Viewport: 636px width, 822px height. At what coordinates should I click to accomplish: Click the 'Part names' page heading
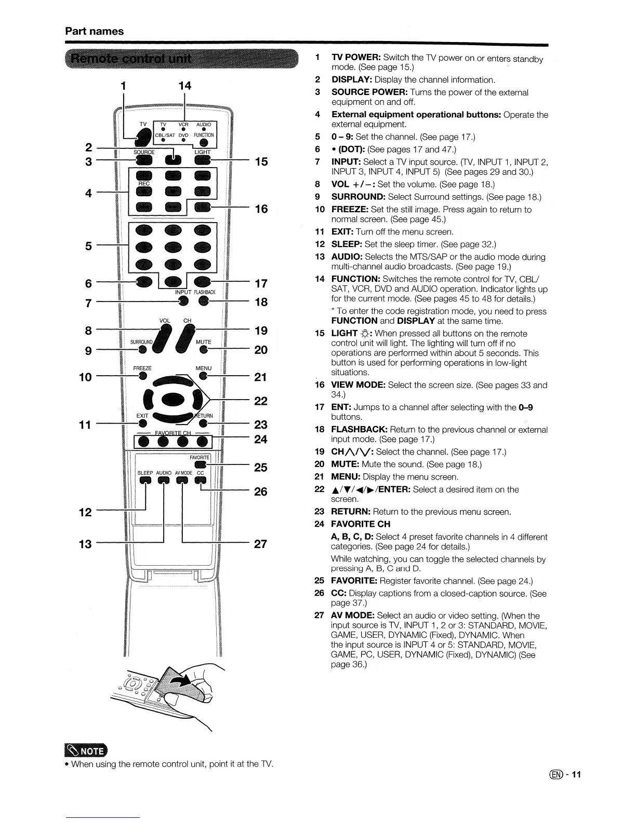pyautogui.click(x=94, y=31)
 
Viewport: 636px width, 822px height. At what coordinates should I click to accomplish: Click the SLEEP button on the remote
pyautogui.click(x=144, y=481)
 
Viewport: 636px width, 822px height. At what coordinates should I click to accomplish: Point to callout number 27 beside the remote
pyautogui.click(x=260, y=544)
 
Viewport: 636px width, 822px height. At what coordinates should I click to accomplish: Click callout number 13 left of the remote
pyautogui.click(x=85, y=544)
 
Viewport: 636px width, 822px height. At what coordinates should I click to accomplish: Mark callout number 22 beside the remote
pyautogui.click(x=260, y=401)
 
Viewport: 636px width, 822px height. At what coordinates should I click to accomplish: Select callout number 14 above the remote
pyautogui.click(x=184, y=86)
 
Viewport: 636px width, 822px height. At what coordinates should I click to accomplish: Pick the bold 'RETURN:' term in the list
pyautogui.click(x=351, y=512)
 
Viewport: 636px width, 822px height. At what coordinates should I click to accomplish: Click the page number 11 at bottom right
pyautogui.click(x=575, y=775)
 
